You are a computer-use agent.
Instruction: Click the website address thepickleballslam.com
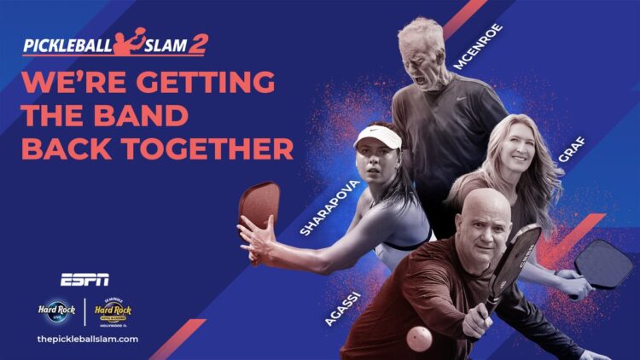pyautogui.click(x=88, y=339)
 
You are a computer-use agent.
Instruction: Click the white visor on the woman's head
pyautogui.click(x=377, y=136)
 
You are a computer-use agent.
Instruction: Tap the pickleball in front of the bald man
pyautogui.click(x=420, y=339)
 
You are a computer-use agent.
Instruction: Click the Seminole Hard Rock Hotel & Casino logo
pyautogui.click(x=113, y=312)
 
